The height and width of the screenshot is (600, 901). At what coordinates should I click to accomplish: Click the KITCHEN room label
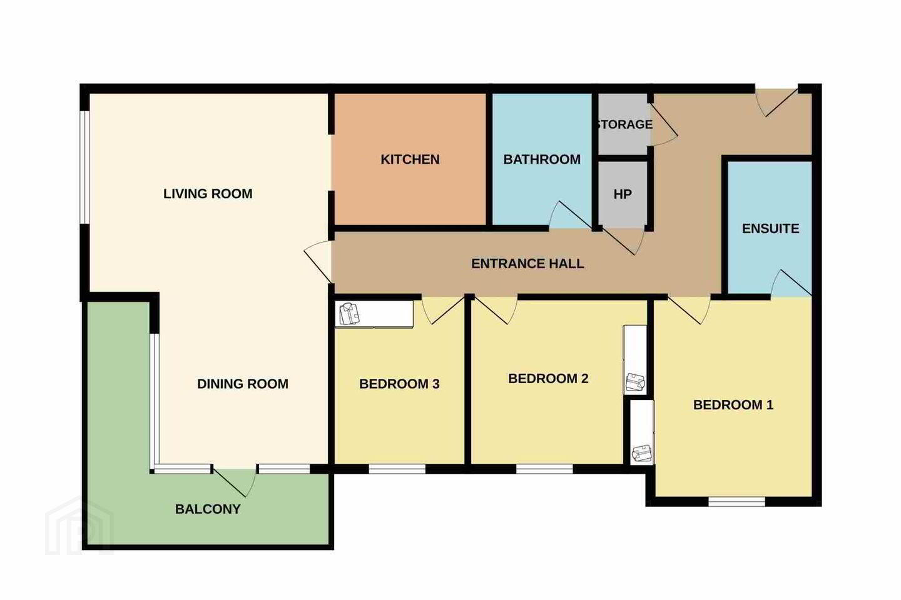tap(410, 159)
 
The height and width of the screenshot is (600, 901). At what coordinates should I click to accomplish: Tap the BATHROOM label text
tap(542, 159)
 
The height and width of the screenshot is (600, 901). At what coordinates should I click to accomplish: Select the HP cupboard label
tap(623, 194)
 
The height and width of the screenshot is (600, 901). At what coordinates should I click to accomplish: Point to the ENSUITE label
tap(770, 229)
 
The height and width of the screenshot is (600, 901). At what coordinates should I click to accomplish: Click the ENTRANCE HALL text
tap(527, 264)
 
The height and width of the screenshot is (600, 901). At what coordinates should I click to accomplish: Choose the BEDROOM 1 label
tap(733, 405)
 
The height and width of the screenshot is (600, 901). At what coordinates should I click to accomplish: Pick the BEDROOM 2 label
tap(548, 379)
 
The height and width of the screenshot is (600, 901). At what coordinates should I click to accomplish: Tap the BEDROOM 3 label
tap(399, 384)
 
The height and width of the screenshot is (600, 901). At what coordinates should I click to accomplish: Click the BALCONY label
tap(208, 509)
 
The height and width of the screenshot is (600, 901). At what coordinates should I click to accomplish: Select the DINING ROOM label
tap(243, 384)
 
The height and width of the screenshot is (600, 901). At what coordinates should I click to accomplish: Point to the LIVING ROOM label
tap(208, 194)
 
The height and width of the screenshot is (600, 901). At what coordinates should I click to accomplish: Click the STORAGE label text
tap(624, 124)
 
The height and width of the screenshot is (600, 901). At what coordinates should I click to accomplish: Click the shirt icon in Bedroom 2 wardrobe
tap(635, 382)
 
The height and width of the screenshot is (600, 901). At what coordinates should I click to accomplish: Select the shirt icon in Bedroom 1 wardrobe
tap(641, 453)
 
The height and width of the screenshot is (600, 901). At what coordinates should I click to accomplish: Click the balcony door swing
tap(235, 482)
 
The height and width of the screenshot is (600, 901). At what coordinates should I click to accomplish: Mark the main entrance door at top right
tap(776, 102)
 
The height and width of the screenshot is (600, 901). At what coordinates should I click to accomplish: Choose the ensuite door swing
tap(791, 283)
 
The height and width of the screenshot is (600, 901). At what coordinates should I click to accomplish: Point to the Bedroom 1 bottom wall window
tap(736, 501)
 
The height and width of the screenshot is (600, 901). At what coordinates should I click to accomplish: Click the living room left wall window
tap(84, 167)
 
